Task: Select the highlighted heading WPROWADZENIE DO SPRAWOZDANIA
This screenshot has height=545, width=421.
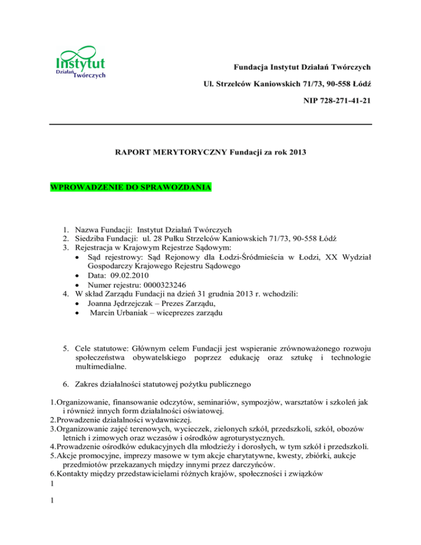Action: coord(130,188)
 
